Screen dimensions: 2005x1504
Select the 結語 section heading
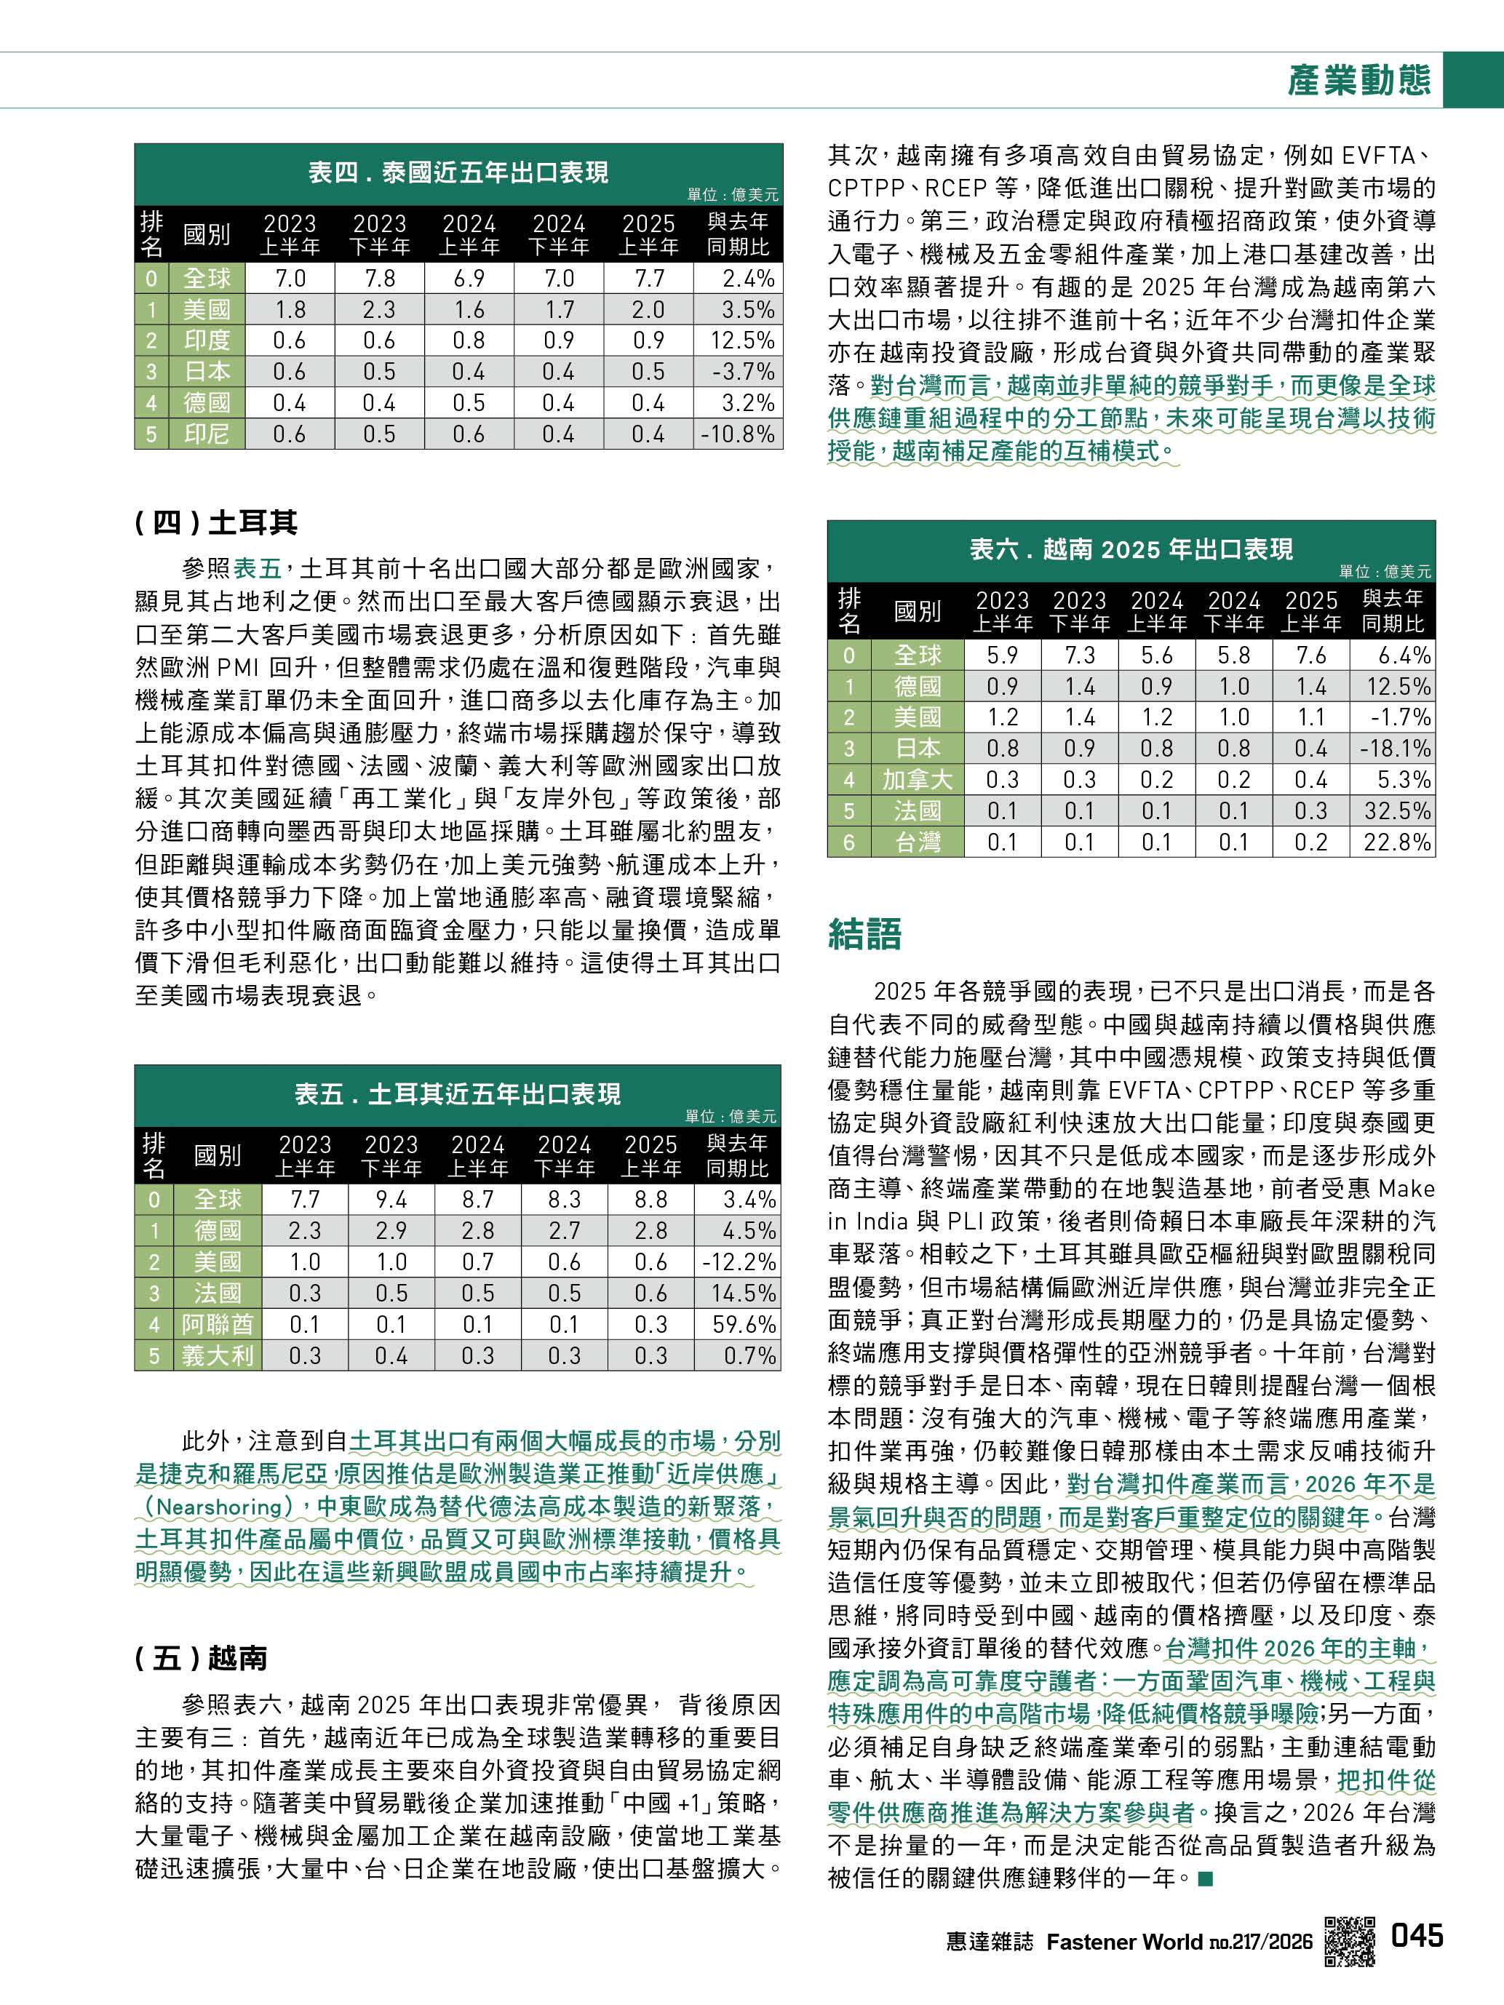click(x=865, y=933)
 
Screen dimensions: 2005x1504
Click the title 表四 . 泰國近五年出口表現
click(x=458, y=172)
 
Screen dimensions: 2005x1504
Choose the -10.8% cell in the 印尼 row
click(x=738, y=434)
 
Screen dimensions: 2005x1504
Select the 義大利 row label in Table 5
click(x=218, y=1356)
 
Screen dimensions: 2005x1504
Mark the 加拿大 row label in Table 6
click(x=918, y=780)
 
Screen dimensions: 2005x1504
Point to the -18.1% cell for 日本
click(x=1395, y=749)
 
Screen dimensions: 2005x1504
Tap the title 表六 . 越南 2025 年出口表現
click(x=1131, y=549)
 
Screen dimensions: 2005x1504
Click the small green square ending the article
click(x=1204, y=1879)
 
